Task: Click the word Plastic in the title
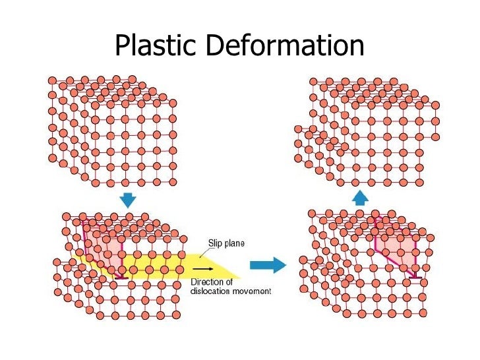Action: point(156,45)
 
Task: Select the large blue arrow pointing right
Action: point(268,265)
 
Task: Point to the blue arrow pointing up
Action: point(359,197)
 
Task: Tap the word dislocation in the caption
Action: point(212,291)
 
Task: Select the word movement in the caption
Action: point(253,291)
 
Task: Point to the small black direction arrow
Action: point(203,269)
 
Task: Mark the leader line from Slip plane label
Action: point(198,249)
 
